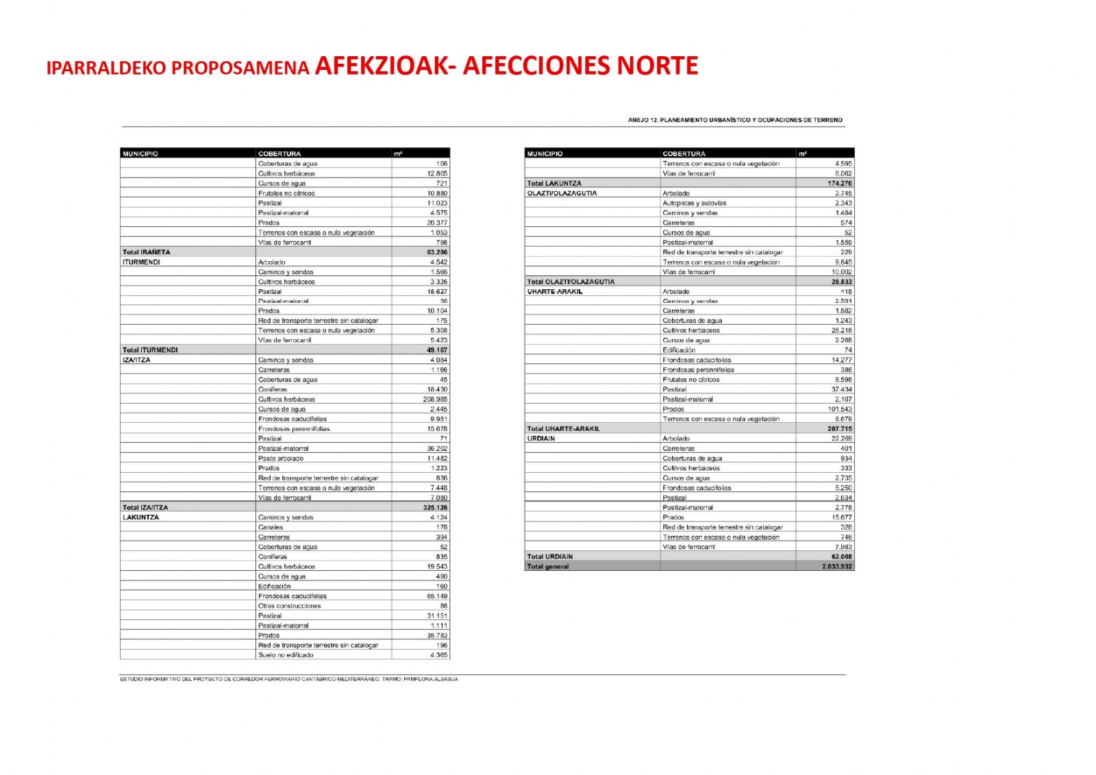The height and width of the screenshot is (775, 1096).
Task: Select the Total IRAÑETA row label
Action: pos(147,252)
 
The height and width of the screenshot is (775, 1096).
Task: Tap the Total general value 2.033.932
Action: pos(837,567)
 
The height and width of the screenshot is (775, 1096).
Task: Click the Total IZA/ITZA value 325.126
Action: pos(435,508)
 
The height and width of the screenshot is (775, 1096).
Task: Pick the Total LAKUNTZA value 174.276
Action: pos(839,184)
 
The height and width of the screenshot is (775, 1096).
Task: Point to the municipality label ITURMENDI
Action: pos(141,262)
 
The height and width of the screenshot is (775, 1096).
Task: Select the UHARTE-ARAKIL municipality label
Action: pos(555,291)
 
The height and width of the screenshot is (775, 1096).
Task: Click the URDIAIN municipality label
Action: pos(541,439)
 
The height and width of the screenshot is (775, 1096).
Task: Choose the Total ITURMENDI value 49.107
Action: pos(437,350)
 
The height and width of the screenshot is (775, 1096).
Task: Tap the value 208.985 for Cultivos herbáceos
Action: pos(435,399)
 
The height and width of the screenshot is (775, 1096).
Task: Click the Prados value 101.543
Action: pos(840,409)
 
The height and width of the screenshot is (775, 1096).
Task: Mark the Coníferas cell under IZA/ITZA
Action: pos(273,389)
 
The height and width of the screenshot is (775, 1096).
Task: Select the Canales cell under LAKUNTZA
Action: pos(271,528)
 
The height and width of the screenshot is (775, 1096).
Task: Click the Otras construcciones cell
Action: pos(289,606)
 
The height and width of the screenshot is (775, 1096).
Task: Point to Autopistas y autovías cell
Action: pos(694,203)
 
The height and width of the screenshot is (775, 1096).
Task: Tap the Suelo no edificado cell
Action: pos(286,655)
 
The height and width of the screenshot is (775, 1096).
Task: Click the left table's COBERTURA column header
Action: pos(279,153)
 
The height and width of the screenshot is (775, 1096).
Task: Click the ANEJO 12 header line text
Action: pos(735,120)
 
